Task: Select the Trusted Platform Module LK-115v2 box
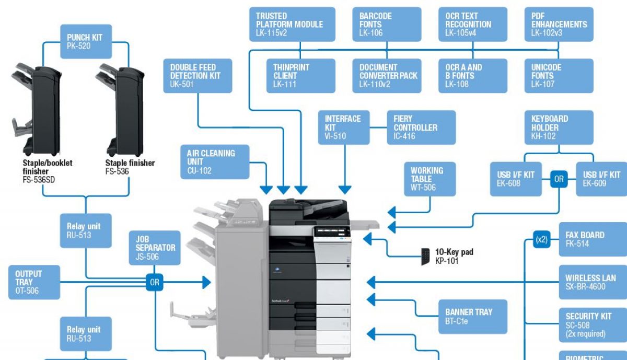[x=292, y=24]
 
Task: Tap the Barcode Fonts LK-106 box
[x=387, y=24]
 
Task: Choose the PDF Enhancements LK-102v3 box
[x=559, y=24]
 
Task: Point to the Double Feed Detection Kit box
[x=198, y=76]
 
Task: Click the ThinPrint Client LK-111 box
[x=301, y=76]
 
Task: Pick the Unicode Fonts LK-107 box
[x=559, y=76]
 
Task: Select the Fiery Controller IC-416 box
[x=421, y=127]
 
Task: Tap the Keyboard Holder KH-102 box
[x=559, y=127]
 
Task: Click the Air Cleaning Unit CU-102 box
[x=215, y=162]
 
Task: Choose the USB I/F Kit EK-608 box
[x=515, y=179]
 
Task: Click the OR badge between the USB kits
[x=559, y=179]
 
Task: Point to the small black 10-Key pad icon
[x=426, y=256]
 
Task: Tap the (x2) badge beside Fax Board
[x=542, y=240]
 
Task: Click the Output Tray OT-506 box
[x=34, y=282]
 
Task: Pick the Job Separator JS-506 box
[x=155, y=248]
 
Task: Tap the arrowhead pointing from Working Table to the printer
[x=392, y=212]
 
